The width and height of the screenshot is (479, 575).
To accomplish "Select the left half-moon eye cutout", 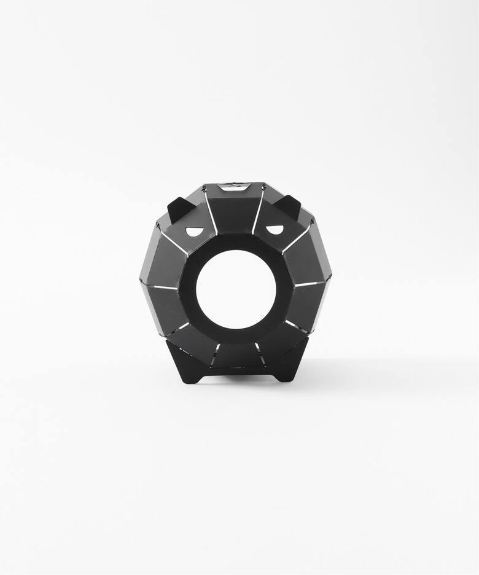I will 195,232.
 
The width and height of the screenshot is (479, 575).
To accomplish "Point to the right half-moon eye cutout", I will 275,230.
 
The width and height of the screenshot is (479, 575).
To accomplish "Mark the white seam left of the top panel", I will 211,212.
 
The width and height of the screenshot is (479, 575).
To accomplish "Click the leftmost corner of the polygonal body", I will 140,281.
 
